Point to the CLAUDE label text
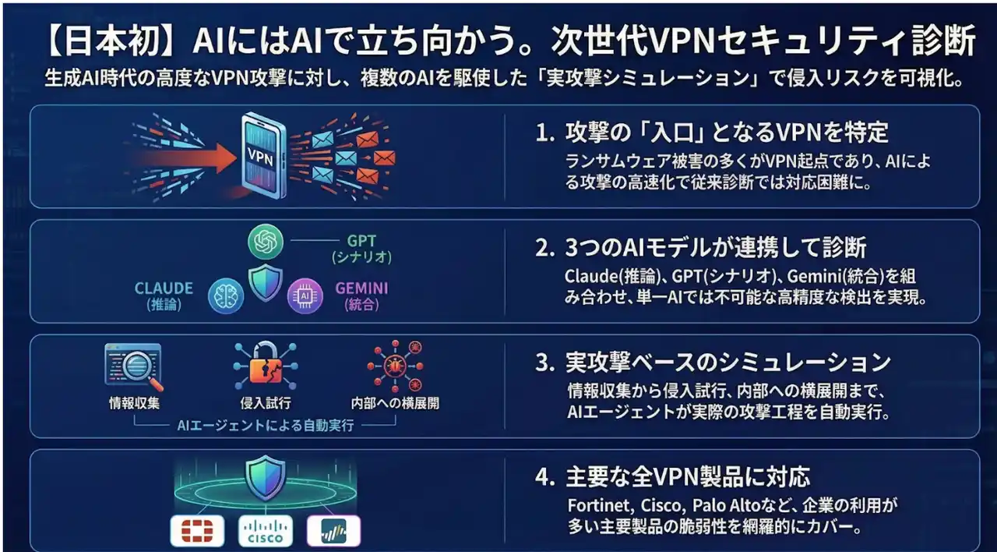(164, 288)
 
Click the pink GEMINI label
(361, 288)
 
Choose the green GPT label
(361, 242)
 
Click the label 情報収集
(133, 404)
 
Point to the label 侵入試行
(265, 404)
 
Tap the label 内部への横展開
(395, 404)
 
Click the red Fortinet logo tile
(197, 531)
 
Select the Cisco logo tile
(266, 531)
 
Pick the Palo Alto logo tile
(334, 531)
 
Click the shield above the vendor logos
(265, 478)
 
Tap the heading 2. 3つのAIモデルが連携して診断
(701, 248)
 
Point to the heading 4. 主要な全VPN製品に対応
(673, 476)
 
